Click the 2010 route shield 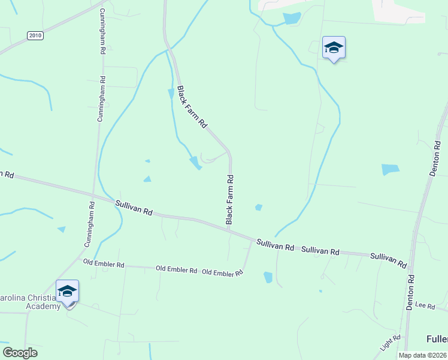[35, 35]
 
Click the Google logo [20, 353]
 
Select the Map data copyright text [422, 355]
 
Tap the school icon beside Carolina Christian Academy [67, 292]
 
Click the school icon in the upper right [334, 48]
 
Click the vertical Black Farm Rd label [229, 200]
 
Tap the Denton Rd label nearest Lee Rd [410, 292]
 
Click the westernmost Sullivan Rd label [135, 208]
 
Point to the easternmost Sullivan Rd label [389, 260]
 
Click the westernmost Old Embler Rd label [104, 264]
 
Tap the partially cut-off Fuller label [437, 339]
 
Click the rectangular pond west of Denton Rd [390, 170]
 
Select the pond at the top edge [292, 18]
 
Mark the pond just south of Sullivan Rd [268, 277]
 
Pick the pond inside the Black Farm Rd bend [195, 162]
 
